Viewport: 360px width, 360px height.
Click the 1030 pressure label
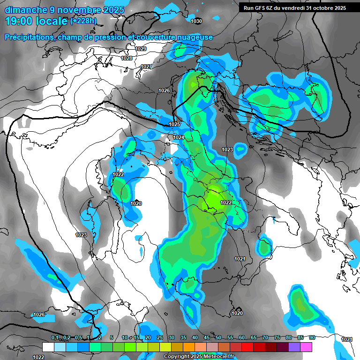pyautogui.click(x=196, y=22)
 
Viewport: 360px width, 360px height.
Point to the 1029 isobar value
pyautogui.click(x=140, y=49)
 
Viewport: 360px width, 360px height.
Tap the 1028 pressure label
pyautogui.click(x=126, y=58)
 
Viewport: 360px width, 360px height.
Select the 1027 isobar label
pyautogui.click(x=146, y=67)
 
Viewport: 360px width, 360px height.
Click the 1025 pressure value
pyautogui.click(x=174, y=124)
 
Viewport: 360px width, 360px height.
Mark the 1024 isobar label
pyautogui.click(x=179, y=137)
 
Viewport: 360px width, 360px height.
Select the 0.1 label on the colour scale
pyautogui.click(x=54, y=338)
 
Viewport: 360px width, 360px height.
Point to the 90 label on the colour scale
pyautogui.click(x=312, y=338)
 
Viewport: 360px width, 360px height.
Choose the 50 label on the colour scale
pyautogui.click(x=218, y=338)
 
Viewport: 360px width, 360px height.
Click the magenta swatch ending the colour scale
pyautogui.click(x=306, y=347)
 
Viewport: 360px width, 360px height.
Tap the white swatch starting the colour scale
pyautogui.click(x=48, y=347)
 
